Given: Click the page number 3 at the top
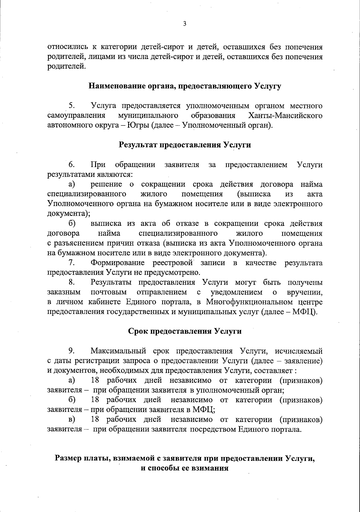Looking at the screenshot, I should pos(184,24).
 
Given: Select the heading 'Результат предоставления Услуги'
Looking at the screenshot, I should pos(185,145).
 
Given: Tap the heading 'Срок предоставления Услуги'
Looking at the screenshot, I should pos(185,331).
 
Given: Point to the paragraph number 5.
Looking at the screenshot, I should pos(71,106).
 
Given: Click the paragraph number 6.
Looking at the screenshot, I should pos(71,165).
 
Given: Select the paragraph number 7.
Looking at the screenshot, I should pos(71,263).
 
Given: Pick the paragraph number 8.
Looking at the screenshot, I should pos(71,283).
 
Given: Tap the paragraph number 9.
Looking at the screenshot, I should pos(71,351).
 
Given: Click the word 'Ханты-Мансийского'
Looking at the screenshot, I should pos(286,116).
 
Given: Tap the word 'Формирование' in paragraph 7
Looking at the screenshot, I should pos(118,263).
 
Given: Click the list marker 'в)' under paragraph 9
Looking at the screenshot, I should pos(72,419).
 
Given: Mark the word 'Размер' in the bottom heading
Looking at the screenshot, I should pos(69,459).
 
